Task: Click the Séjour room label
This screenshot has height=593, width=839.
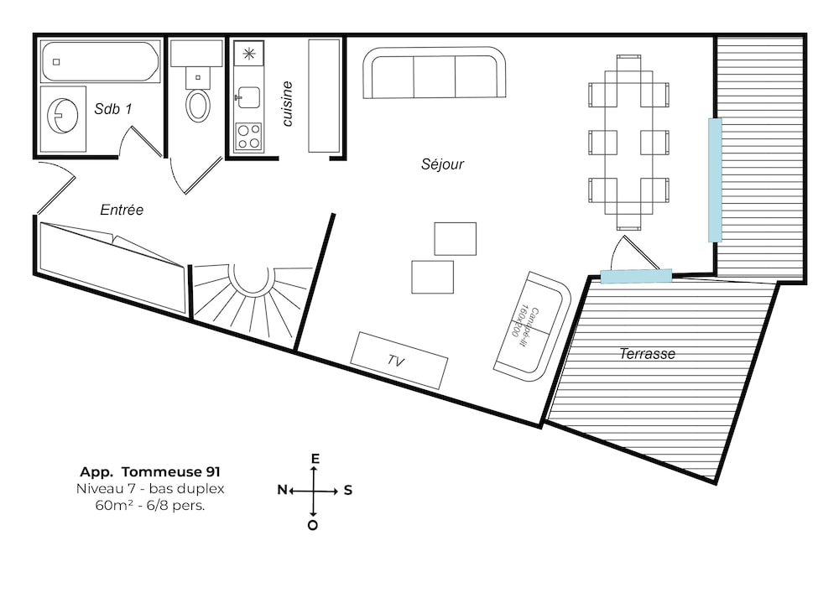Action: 442,164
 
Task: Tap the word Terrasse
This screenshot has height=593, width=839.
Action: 647,353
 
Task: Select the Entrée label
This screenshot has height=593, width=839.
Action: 122,210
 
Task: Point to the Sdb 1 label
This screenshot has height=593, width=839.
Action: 112,109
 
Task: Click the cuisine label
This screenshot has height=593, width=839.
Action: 287,104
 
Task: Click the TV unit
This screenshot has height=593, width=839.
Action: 399,361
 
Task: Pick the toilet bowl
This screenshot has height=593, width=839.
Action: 197,103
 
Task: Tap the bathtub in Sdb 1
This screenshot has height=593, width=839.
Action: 100,61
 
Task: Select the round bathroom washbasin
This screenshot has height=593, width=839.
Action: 63,116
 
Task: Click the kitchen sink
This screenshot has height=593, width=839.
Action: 249,97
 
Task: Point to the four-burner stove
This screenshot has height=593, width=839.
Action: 249,136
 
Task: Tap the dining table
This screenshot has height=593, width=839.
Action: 628,143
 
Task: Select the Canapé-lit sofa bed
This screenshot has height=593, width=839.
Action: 532,326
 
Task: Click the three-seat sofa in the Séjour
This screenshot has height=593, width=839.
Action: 434,73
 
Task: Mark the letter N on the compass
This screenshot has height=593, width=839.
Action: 282,490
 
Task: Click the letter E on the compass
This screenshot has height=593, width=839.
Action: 315,459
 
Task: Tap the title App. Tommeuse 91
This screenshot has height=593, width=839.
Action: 150,471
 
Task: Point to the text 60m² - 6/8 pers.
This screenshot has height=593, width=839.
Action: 150,505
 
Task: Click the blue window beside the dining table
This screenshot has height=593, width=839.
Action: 715,180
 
